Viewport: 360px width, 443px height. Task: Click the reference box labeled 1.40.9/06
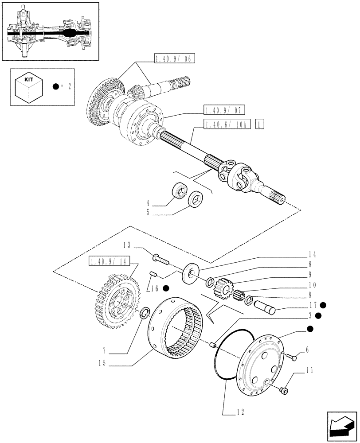click(175, 58)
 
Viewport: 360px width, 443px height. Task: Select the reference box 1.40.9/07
click(225, 109)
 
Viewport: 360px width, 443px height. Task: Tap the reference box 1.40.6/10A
click(228, 124)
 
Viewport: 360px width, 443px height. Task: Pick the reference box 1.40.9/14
click(109, 262)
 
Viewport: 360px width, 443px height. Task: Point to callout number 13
click(126, 245)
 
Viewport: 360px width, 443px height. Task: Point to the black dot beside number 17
click(323, 305)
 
